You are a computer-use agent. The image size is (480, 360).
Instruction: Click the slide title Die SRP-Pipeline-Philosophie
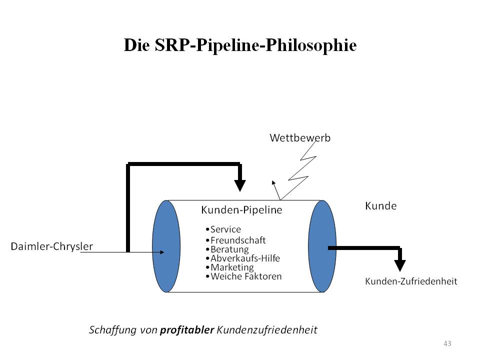(x=240, y=45)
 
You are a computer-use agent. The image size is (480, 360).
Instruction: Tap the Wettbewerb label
(x=300, y=137)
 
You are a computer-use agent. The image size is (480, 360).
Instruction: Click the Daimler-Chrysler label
(x=52, y=246)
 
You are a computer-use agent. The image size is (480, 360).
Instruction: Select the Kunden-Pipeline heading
(x=241, y=210)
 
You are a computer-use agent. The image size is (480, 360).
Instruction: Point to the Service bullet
(x=225, y=229)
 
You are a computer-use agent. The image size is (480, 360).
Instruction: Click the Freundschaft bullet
(x=237, y=240)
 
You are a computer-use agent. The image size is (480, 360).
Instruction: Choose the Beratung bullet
(x=229, y=249)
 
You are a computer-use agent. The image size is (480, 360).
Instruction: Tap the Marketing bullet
(x=231, y=267)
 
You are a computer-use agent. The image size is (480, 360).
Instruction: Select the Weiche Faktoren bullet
(x=245, y=276)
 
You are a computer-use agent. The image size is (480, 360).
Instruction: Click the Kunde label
(x=381, y=206)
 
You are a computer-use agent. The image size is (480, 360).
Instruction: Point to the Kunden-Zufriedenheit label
(x=411, y=281)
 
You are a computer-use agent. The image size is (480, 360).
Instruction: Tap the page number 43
(x=447, y=343)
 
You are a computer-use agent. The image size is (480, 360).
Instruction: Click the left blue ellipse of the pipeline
(x=165, y=246)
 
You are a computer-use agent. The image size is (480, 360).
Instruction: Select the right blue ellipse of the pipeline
(x=321, y=246)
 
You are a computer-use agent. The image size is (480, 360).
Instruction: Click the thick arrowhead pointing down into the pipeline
(x=240, y=184)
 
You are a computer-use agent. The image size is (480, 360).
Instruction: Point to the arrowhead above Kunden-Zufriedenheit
(x=399, y=265)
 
